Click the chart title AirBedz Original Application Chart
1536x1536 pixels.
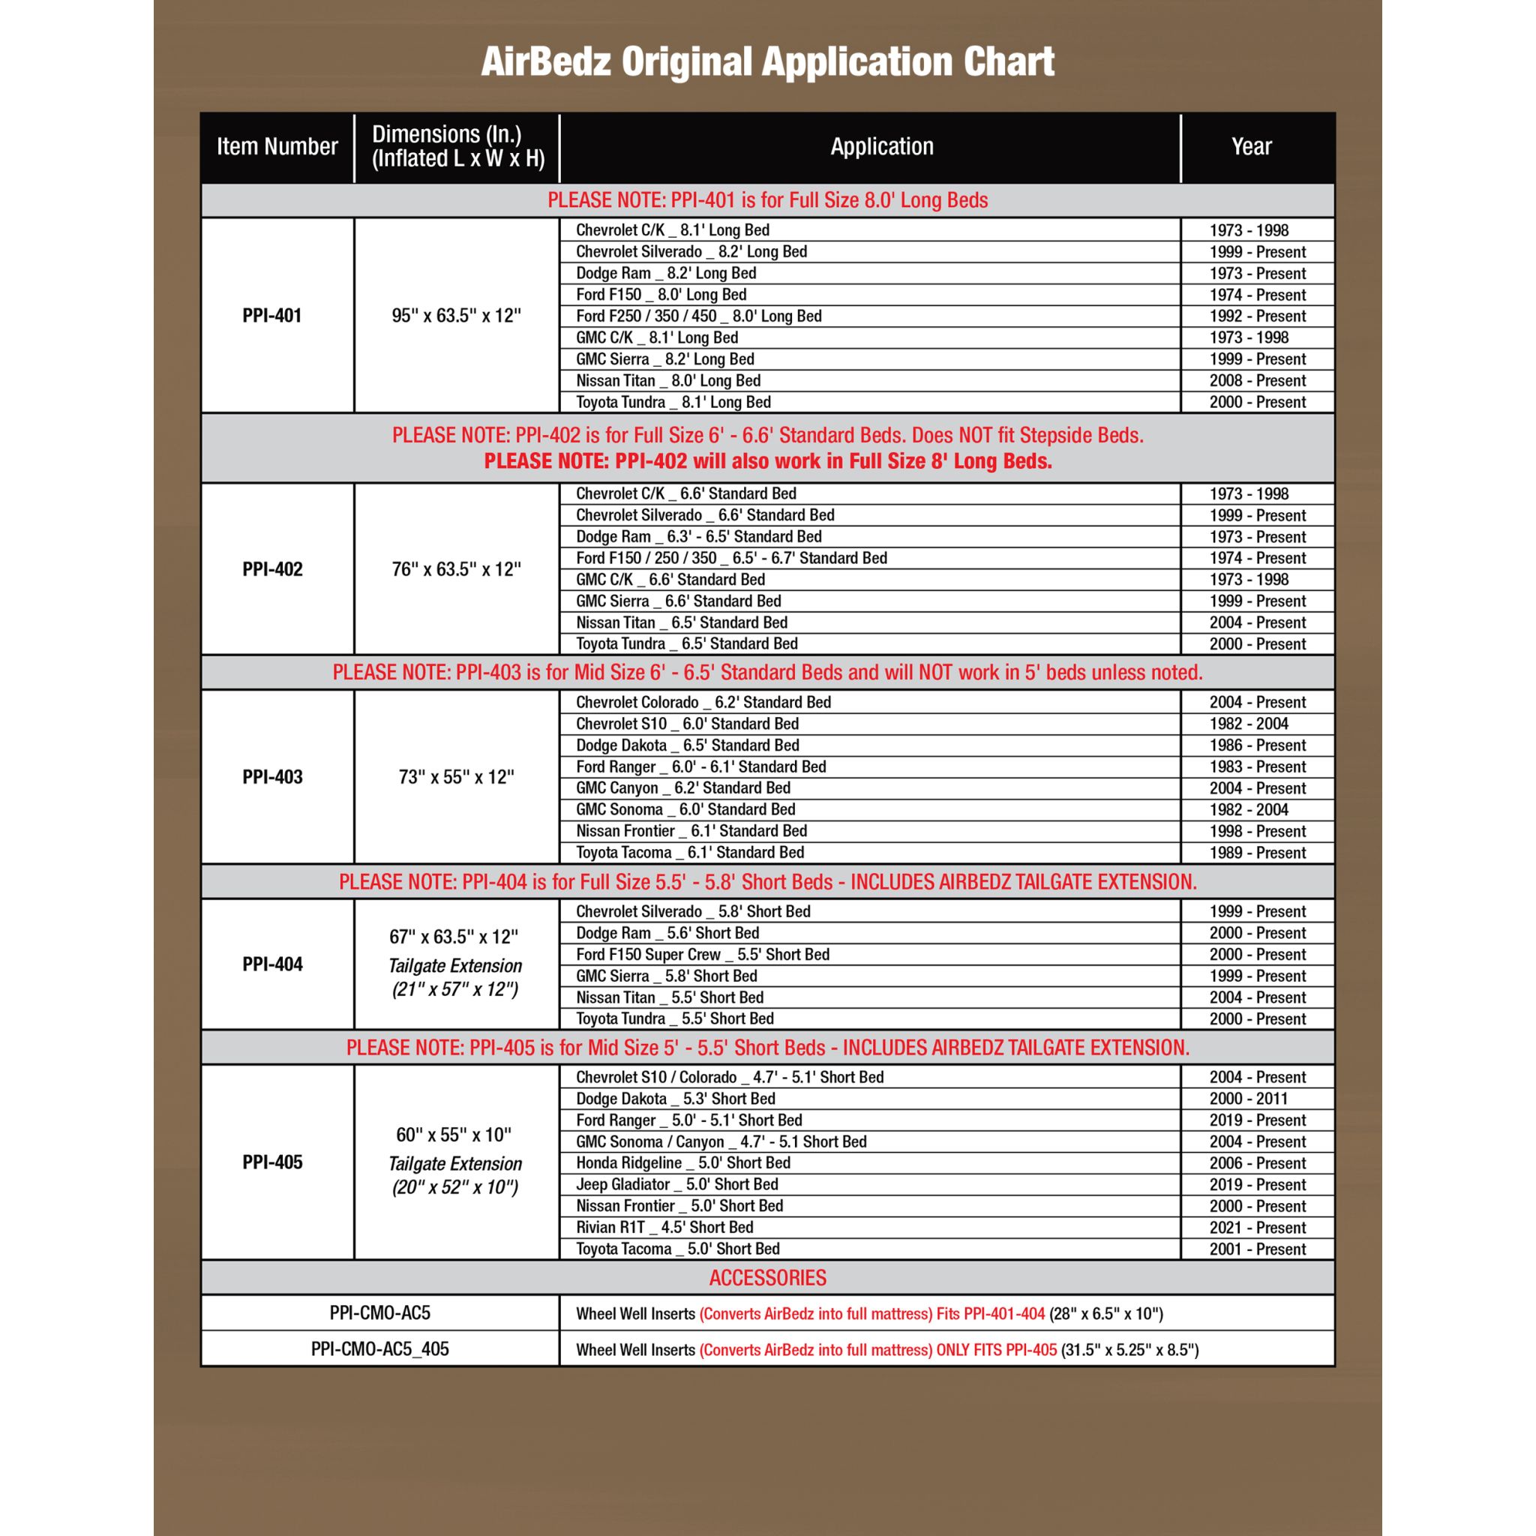tap(767, 62)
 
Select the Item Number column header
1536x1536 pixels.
tap(277, 146)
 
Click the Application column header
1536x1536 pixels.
tap(882, 146)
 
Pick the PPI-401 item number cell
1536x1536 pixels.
tap(272, 316)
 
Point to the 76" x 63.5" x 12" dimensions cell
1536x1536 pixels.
tap(456, 569)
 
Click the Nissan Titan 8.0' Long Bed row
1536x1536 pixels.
tap(667, 381)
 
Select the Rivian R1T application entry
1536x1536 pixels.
tap(664, 1227)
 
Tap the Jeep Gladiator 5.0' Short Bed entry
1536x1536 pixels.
tap(676, 1184)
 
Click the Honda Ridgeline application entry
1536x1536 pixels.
tap(683, 1162)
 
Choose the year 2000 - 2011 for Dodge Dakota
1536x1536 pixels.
tap(1248, 1099)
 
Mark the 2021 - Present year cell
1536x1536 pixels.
tap(1257, 1228)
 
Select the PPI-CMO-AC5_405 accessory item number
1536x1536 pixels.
tap(380, 1349)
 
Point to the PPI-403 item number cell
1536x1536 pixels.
tap(272, 777)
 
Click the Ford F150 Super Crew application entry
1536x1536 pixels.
tap(702, 955)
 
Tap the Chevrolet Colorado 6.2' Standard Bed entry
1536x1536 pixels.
tap(703, 702)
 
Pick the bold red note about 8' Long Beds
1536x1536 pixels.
tap(767, 461)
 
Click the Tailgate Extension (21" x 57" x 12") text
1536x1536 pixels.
tap(454, 978)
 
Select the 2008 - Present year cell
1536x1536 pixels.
tap(1257, 381)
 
